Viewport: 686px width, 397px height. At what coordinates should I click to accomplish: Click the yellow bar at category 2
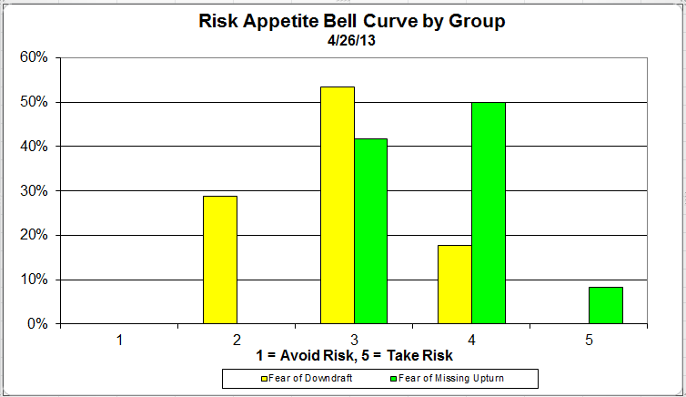point(219,260)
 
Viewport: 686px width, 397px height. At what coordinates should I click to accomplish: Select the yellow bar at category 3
point(338,205)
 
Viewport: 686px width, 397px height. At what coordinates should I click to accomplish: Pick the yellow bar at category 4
point(455,284)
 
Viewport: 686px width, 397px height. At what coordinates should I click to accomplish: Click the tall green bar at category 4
point(489,213)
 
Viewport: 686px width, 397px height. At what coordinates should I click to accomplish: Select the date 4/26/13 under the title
point(352,40)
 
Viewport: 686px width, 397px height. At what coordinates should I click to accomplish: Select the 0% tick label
point(38,324)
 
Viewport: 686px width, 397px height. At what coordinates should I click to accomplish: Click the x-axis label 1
point(118,340)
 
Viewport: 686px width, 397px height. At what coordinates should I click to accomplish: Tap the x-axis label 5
point(589,340)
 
